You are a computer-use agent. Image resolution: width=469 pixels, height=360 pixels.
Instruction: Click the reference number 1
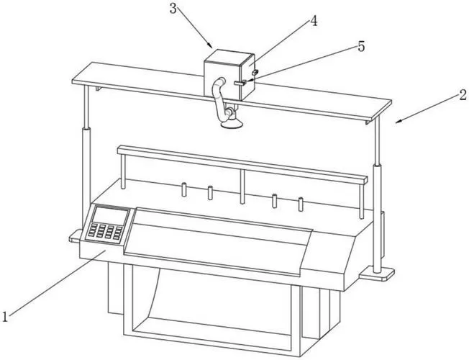(4, 317)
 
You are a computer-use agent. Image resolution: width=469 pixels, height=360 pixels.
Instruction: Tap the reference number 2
(463, 95)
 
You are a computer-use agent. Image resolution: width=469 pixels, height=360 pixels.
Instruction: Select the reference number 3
(173, 9)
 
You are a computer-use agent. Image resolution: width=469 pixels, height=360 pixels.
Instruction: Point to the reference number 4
(314, 21)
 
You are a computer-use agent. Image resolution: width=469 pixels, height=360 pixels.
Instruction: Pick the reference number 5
(361, 47)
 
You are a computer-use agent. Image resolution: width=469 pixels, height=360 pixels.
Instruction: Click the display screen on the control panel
(110, 216)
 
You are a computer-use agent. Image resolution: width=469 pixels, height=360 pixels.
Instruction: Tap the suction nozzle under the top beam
(232, 122)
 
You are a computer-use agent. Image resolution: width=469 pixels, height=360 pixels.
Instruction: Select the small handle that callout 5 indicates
(240, 83)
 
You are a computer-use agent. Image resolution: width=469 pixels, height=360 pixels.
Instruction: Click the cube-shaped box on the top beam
(229, 75)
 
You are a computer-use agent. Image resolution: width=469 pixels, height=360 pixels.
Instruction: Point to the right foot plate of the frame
(377, 274)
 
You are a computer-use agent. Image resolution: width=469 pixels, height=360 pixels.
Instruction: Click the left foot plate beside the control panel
(75, 236)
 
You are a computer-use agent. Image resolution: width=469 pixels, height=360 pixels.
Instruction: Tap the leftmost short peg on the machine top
(184, 189)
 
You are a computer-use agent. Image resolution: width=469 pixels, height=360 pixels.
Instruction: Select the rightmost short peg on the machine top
(301, 204)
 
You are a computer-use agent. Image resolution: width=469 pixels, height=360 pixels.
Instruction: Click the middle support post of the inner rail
(242, 186)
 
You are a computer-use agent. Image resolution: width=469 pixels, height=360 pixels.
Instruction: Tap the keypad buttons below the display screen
(106, 232)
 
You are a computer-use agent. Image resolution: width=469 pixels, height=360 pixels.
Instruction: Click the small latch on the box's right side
(255, 73)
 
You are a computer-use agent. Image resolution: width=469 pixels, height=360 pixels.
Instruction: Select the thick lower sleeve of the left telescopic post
(86, 177)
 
